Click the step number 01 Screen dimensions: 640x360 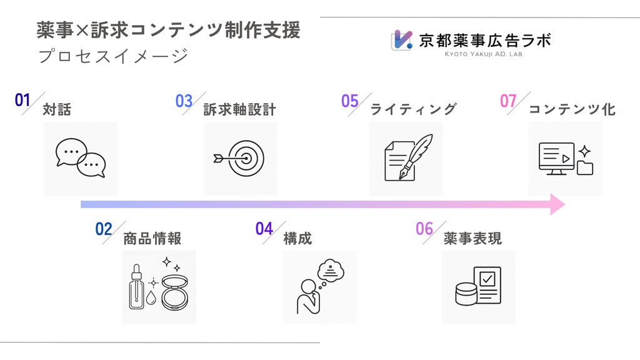pos(22,100)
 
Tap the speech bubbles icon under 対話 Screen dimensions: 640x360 pos(81,158)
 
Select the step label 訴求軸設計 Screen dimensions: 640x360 pos(239,110)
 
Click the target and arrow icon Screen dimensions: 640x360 pos(239,158)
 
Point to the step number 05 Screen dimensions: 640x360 pos(350,101)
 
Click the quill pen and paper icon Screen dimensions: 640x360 pos(408,157)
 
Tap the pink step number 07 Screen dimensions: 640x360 pos(508,101)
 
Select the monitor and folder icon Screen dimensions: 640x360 pos(566,159)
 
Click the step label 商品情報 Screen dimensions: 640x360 pos(152,239)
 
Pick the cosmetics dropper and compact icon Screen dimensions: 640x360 pos(159,284)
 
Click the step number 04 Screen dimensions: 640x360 pos(264,229)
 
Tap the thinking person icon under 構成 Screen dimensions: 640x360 pos(320,287)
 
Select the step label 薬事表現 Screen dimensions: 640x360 pos(472,239)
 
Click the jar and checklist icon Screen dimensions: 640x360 pos(478,286)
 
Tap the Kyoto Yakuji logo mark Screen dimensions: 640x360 pos(402,40)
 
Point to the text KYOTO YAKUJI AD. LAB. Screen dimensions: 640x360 pos(484,54)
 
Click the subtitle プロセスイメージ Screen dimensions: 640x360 pos(113,56)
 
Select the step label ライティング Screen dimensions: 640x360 pos(413,109)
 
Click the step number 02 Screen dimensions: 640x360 pos(104,229)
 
